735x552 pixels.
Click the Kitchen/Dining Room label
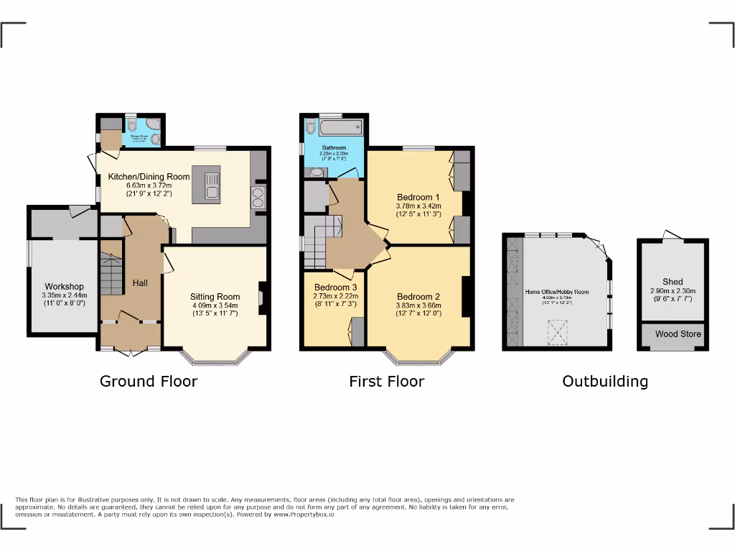point(149,177)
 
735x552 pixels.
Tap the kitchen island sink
point(212,191)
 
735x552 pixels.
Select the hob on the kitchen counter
point(258,196)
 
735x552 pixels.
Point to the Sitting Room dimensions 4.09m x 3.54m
point(215,305)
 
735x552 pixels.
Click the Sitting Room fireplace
point(261,297)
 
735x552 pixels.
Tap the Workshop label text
point(65,287)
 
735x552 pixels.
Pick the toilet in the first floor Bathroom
point(310,127)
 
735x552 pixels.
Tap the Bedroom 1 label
point(416,197)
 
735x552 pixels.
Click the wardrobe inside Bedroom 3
point(357,333)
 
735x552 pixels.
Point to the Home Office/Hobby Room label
point(557,292)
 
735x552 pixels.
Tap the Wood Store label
point(678,334)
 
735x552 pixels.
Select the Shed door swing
point(673,235)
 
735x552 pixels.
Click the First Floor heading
point(386,382)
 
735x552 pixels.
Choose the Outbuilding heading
point(604,382)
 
